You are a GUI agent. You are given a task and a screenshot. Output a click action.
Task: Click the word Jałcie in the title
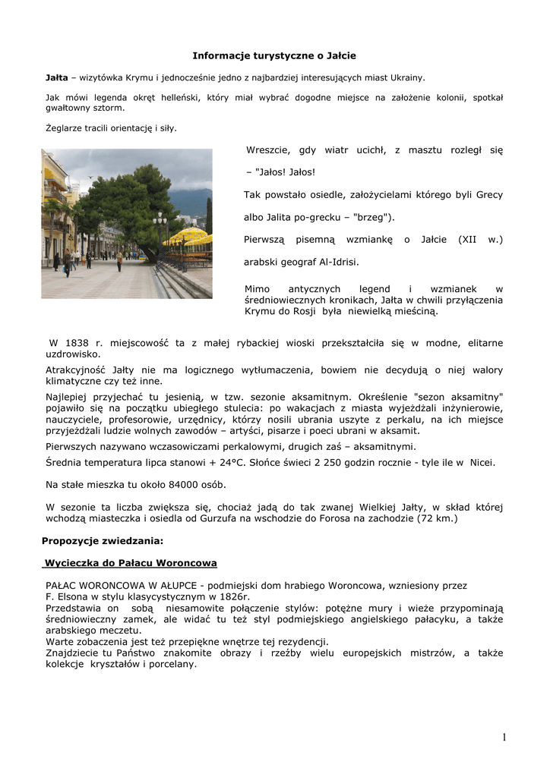(340, 56)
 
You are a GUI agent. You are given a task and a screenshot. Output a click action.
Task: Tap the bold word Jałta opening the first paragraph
(56, 77)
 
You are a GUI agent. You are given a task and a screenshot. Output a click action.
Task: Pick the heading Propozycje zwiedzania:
(103, 541)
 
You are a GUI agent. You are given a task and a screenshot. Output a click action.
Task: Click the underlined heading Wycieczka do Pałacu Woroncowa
(131, 563)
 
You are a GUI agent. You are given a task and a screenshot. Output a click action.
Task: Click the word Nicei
(482, 462)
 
